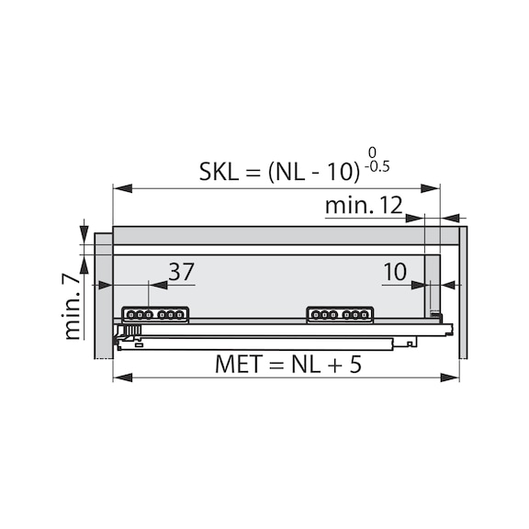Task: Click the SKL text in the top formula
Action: (219, 172)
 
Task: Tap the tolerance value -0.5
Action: (377, 166)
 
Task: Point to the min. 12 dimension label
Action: (364, 205)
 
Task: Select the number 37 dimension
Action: (182, 272)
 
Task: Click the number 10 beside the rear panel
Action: (395, 272)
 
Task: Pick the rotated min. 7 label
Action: (72, 307)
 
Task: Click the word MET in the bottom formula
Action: (239, 364)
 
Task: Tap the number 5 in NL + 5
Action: (355, 364)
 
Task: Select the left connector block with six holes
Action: (155, 315)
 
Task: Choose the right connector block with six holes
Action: (340, 315)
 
